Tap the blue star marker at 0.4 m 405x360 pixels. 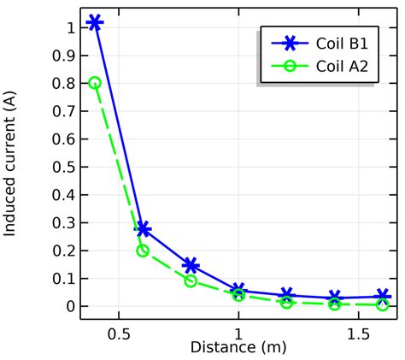[95, 22]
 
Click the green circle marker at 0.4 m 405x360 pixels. [95, 83]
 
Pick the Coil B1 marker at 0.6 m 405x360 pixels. [143, 229]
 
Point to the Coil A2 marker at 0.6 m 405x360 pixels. [143, 251]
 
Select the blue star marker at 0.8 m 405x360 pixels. [191, 266]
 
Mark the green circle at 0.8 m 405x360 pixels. [191, 280]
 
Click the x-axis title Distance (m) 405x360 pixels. [238, 348]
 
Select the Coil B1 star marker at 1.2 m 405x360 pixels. [286, 295]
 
